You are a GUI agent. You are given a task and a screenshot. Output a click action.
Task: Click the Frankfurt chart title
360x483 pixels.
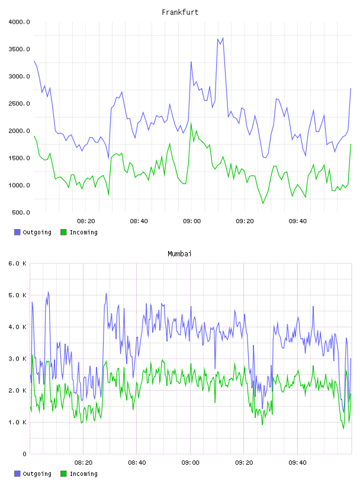180,12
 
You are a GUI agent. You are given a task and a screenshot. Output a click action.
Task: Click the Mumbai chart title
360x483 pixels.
179,254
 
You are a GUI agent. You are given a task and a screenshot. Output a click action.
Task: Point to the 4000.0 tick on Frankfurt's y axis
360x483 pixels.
20,22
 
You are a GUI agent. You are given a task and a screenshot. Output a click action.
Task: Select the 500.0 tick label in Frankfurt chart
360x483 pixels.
21,212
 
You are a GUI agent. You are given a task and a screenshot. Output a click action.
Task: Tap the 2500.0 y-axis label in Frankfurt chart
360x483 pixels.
20,104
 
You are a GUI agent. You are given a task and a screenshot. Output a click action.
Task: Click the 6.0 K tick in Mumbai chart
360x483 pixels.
17,263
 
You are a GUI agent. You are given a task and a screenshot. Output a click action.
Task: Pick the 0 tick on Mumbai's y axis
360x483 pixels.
25,454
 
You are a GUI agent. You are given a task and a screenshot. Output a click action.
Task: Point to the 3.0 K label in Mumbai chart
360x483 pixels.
17,359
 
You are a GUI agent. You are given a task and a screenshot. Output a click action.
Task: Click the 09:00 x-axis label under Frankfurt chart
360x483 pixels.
192,221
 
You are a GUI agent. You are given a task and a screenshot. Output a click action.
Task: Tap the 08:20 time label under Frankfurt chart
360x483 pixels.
86,221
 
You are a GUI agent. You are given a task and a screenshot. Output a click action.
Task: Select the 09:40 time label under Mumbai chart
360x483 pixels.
297,463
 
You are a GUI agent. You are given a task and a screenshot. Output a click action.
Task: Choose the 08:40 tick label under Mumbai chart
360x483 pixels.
137,463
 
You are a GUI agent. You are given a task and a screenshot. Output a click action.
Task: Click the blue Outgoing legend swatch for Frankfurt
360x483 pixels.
17,232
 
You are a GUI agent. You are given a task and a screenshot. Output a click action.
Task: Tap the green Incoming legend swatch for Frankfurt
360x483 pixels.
63,232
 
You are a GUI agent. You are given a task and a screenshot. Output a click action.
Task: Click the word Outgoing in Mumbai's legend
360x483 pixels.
37,474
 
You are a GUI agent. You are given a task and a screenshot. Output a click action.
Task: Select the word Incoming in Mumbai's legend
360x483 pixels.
83,474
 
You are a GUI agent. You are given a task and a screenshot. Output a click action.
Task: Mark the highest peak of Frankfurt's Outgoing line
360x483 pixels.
223,38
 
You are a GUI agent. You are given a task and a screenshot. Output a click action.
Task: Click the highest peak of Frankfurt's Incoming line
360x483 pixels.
191,123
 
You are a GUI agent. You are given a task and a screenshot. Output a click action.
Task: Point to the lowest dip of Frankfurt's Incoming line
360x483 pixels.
263,203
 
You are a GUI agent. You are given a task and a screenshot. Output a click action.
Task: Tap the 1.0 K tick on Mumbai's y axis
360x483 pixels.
17,422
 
